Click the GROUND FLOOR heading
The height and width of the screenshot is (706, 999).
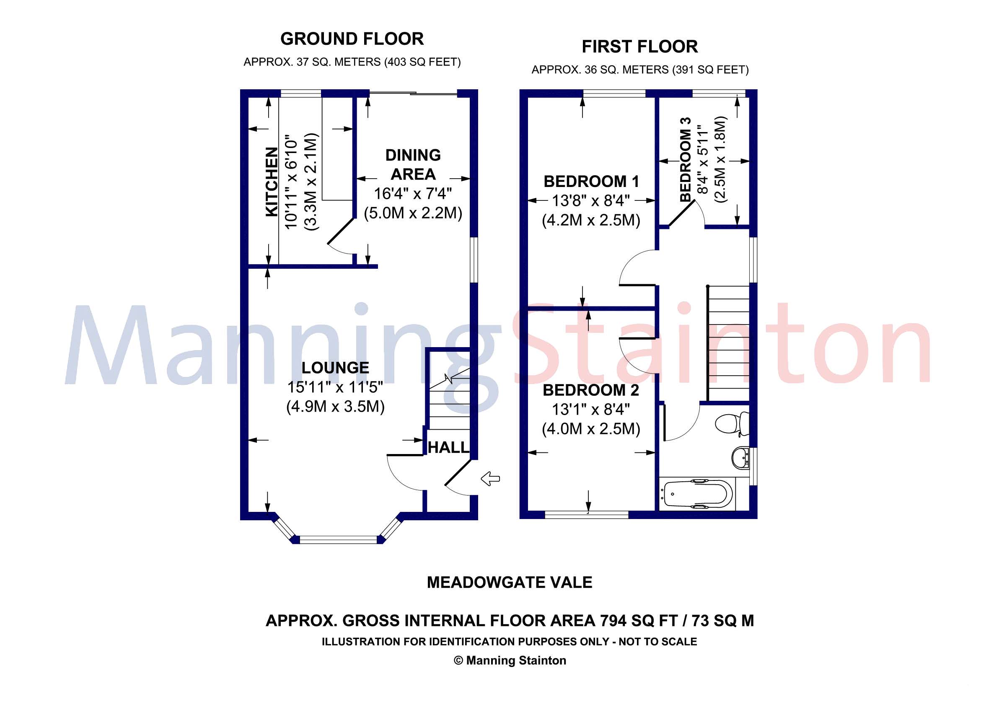352,39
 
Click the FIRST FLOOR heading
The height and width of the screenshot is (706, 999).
639,47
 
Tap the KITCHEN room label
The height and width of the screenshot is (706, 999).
272,182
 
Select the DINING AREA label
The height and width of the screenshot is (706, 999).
413,164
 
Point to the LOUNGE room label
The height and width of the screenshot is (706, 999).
335,368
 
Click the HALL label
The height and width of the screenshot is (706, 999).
448,447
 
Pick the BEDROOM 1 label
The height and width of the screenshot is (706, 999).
591,182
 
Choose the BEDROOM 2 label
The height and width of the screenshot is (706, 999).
591,390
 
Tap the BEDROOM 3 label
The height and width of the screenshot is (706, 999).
686,160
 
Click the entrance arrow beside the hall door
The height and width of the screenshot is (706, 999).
490,479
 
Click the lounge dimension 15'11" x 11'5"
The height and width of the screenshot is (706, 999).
335,387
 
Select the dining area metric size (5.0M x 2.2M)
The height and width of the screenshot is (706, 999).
413,213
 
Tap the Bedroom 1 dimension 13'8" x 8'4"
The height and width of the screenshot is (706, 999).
591,201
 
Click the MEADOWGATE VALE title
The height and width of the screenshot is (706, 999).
510,582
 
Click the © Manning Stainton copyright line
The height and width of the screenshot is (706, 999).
510,661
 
